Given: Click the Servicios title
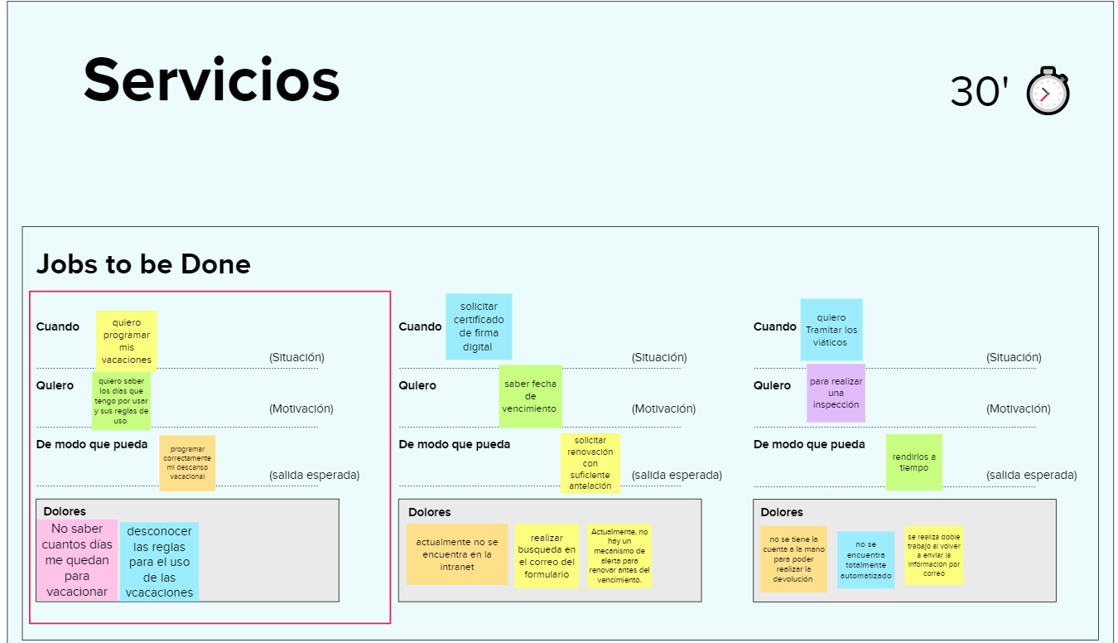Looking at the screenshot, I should point(211,80).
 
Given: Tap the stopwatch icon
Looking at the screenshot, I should point(1048,91).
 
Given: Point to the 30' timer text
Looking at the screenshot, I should point(979,91).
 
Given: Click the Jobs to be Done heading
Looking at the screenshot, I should point(143,264).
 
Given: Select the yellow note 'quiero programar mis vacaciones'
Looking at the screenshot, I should point(126,341).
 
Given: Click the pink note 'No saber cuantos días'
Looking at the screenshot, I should point(77,560).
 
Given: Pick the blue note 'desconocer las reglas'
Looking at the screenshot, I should point(160,561).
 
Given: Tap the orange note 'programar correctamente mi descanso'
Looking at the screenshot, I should point(187,463).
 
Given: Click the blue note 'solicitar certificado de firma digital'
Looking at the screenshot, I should point(479,326).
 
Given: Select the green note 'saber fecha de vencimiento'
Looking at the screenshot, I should point(530,396).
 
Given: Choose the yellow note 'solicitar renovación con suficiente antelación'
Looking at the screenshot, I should point(590,463).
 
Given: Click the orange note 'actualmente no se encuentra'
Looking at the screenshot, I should point(457,554).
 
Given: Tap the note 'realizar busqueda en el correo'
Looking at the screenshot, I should point(547,555).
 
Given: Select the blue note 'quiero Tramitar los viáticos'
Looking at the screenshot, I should point(831,329).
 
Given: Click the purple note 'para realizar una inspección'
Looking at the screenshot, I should point(836,393).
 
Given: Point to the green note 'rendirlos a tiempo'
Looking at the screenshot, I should point(914,462).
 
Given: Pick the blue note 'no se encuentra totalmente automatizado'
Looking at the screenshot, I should point(865,559).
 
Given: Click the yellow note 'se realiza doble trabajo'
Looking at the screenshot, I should point(933,555).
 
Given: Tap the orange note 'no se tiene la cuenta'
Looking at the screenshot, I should point(793,558).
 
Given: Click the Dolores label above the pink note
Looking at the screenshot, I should point(65,511).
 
